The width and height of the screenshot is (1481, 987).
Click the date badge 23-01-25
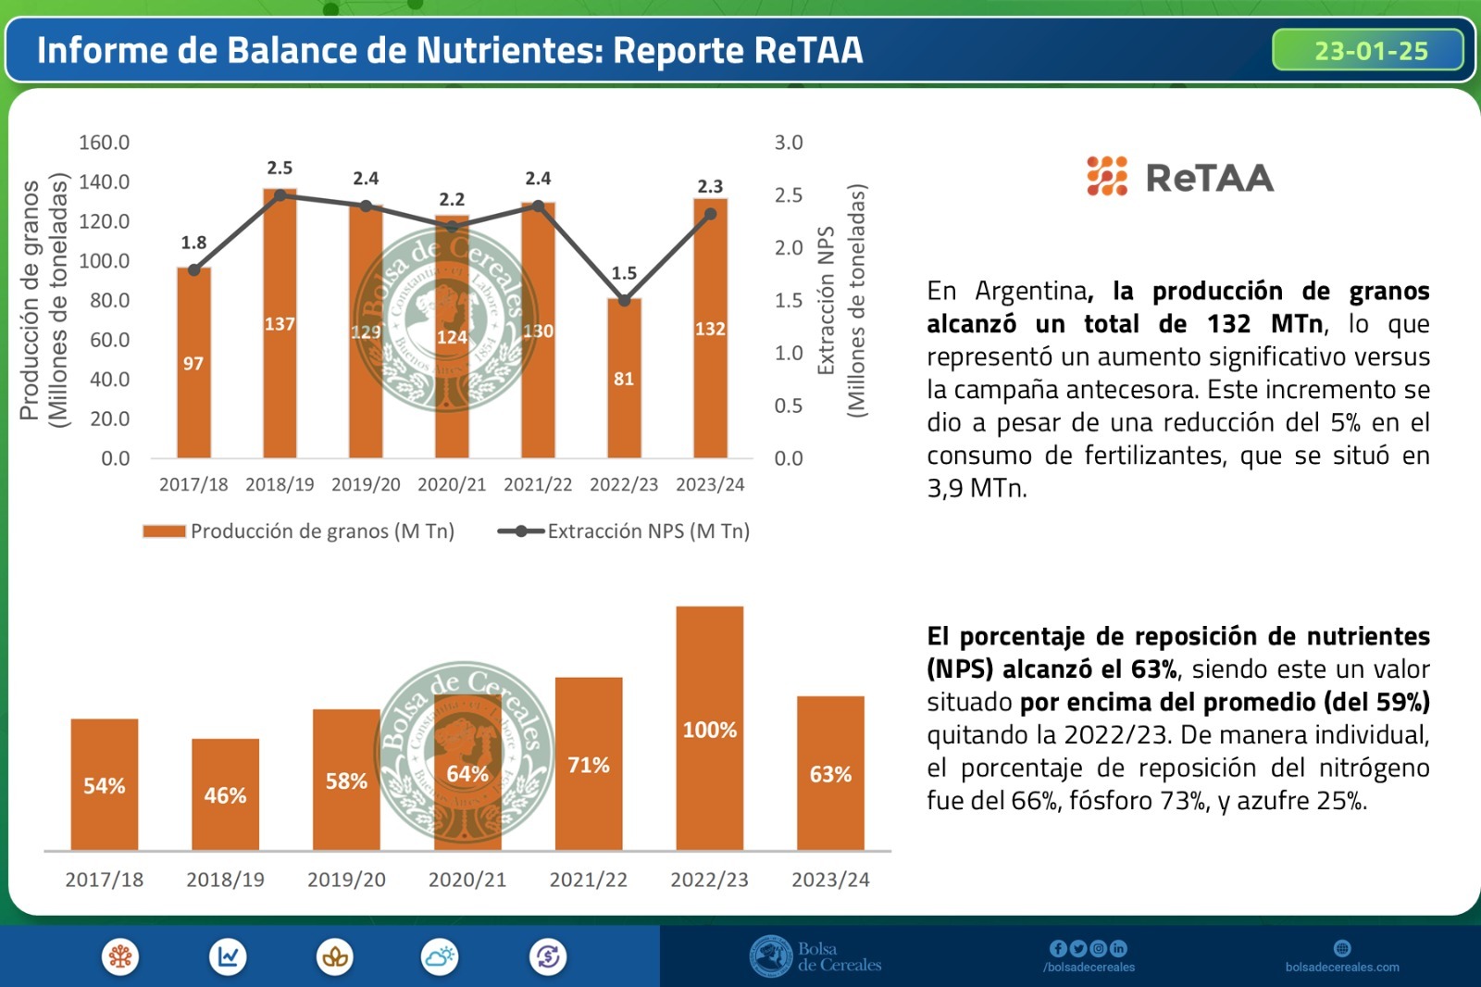click(x=1369, y=50)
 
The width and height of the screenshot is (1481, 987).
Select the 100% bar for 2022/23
click(x=709, y=729)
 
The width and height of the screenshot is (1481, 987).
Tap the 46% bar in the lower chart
click(x=225, y=794)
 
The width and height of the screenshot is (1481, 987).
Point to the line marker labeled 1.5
click(x=624, y=300)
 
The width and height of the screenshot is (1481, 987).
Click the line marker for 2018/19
click(x=280, y=195)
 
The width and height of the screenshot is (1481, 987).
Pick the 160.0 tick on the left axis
click(x=104, y=143)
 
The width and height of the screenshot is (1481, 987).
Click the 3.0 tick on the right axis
click(x=789, y=143)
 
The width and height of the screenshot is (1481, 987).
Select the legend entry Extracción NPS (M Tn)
click(x=624, y=531)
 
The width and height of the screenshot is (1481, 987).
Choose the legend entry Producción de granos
click(x=298, y=531)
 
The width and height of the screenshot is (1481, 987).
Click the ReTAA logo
click(x=1180, y=177)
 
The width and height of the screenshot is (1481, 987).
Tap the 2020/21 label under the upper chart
click(x=452, y=484)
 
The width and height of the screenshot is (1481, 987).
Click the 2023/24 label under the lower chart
click(x=830, y=880)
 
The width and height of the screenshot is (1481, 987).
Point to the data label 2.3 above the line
click(x=710, y=186)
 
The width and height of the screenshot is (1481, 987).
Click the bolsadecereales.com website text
click(x=1342, y=968)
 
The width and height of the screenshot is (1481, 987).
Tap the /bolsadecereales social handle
click(x=1089, y=968)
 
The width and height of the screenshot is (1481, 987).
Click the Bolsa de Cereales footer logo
click(x=815, y=956)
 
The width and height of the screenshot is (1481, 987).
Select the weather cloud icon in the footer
click(x=440, y=956)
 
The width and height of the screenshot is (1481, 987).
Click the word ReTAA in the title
click(x=808, y=50)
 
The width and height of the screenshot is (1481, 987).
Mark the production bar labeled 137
click(x=280, y=324)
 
